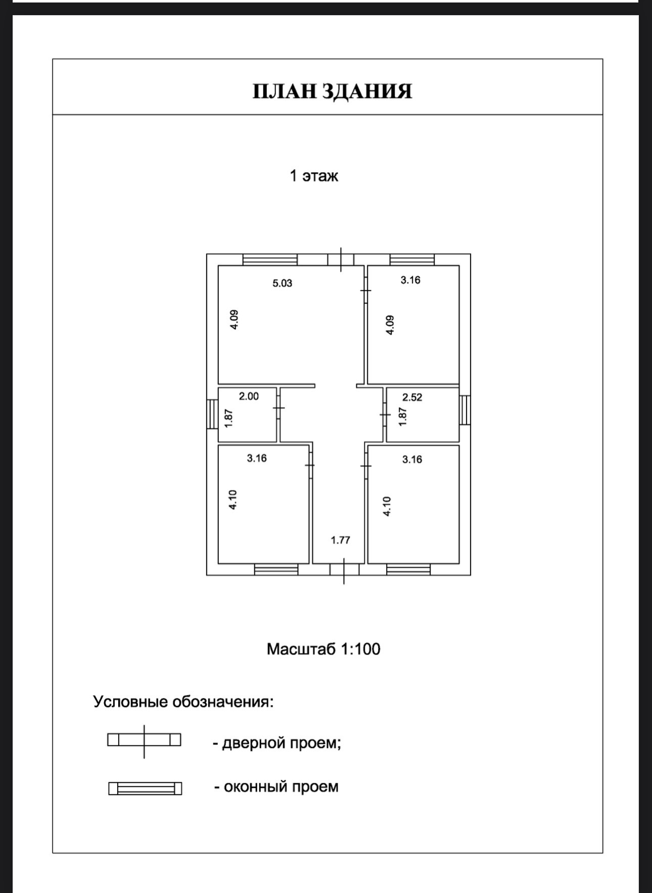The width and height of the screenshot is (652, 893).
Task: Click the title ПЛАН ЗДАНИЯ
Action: click(332, 91)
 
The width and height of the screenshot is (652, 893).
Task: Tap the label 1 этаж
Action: click(313, 176)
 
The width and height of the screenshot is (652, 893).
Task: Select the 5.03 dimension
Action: click(282, 283)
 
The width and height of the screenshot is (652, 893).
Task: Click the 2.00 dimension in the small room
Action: click(249, 396)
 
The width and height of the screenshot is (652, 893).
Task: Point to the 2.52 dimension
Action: click(412, 398)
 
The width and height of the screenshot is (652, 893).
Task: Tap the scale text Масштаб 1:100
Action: click(323, 649)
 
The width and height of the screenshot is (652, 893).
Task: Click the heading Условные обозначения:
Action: click(183, 702)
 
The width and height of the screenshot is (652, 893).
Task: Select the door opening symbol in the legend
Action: click(144, 740)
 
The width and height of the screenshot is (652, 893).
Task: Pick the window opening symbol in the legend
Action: click(145, 788)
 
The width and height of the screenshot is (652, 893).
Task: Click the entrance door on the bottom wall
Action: click(344, 570)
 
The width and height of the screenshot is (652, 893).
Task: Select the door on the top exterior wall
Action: click(341, 260)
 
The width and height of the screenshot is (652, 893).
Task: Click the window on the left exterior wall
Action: click(212, 414)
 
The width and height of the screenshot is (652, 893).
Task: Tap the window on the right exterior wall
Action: click(464, 410)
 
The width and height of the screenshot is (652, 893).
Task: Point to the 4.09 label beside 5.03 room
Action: click(234, 320)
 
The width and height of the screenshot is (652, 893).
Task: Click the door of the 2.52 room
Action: click(385, 415)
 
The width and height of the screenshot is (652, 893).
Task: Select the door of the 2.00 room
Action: click(278, 408)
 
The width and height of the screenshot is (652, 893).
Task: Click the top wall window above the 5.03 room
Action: click(270, 260)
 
